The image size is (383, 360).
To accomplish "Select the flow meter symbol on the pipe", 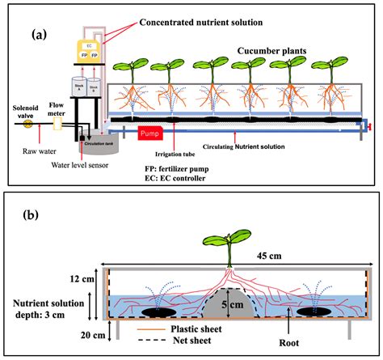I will (57, 124).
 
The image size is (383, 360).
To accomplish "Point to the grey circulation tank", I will (99, 142).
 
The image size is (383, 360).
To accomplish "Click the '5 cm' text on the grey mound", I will (233, 306).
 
